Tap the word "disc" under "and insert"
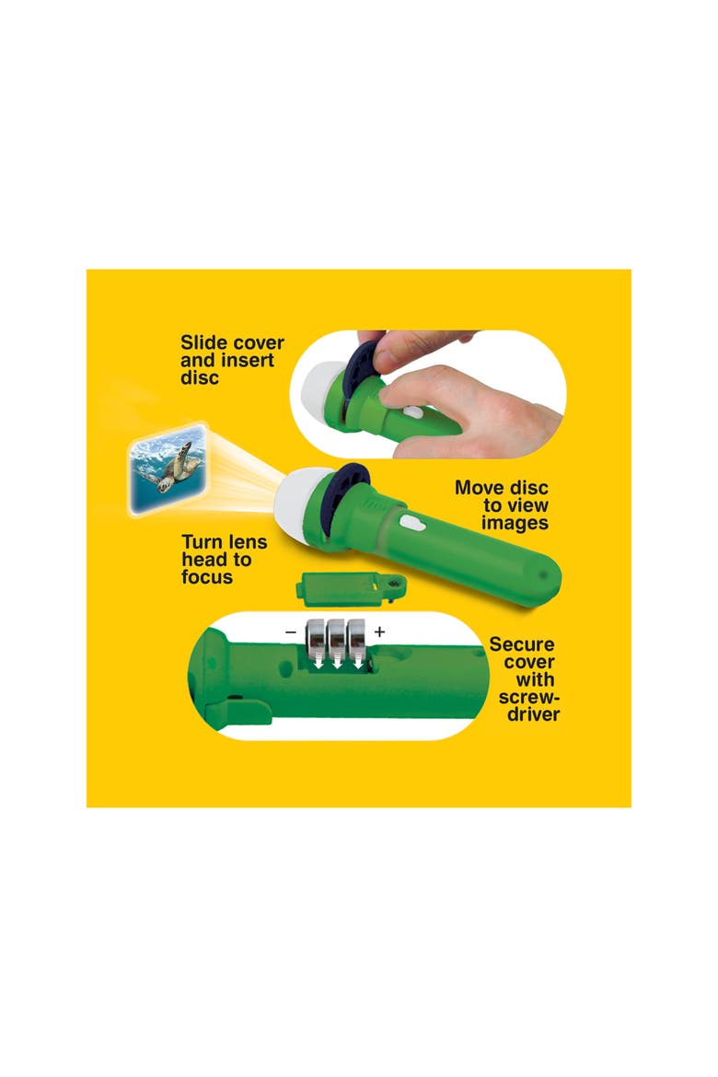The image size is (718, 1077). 199,377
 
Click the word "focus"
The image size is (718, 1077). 207,577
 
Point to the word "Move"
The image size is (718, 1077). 480,488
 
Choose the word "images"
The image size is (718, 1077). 515,523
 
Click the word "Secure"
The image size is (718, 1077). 522,644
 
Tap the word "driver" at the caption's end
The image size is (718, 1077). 534,714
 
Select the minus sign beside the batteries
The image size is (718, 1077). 291,631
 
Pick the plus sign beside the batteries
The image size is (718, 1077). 379,631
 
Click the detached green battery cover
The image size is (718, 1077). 351,588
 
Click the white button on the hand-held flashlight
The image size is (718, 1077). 412,412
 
